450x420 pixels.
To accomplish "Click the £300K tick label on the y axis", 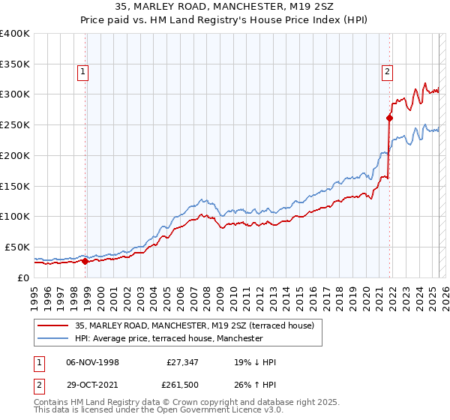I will [15, 94].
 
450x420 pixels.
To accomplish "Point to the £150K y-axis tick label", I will [15, 186].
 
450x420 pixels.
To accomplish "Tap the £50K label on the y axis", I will [18, 247].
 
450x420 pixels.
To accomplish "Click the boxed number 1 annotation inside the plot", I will [82, 73].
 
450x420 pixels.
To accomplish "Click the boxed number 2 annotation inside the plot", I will [387, 73].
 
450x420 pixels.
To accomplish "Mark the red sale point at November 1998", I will [85, 261].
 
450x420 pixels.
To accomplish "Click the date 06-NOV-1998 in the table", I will [93, 362].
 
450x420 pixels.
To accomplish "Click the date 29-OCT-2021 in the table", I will [93, 388].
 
